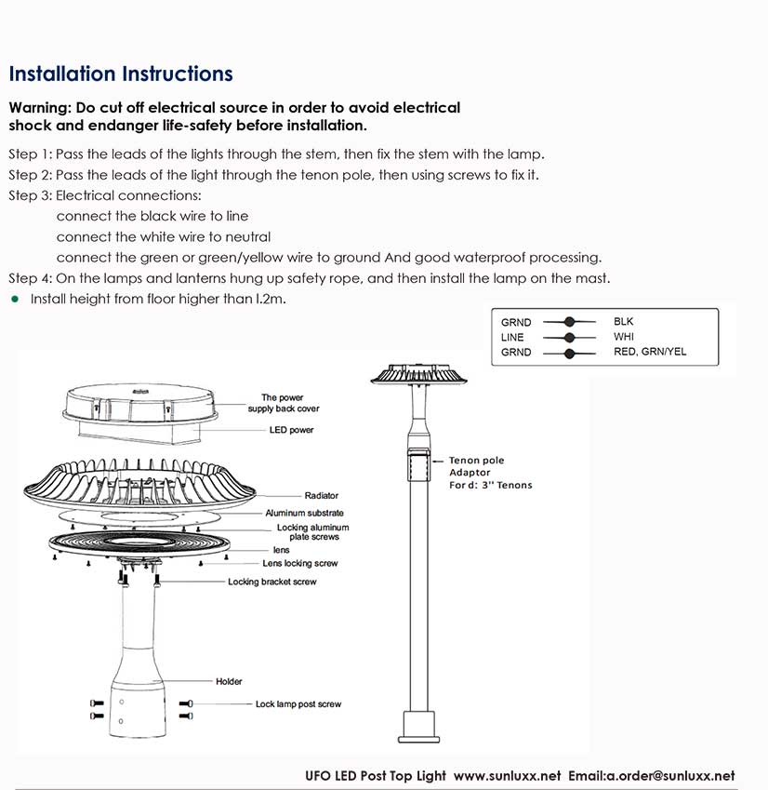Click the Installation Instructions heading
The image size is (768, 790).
point(121,74)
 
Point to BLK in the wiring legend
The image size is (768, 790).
point(624,322)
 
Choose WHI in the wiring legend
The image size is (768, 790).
point(624,337)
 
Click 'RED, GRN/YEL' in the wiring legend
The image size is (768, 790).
point(650,352)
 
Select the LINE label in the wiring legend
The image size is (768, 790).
point(512,338)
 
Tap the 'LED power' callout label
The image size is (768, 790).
point(291,430)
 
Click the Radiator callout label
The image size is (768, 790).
point(322,496)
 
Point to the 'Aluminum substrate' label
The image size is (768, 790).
point(305,513)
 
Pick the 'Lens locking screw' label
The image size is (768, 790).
point(299,564)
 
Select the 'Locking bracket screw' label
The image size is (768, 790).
point(272,582)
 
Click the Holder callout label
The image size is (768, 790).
point(229,682)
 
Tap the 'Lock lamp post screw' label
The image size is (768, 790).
point(298,704)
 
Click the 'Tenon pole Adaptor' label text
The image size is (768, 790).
point(476,466)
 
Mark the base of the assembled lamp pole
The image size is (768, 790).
point(417,727)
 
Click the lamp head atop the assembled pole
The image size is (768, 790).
point(418,374)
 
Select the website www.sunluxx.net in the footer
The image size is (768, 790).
point(508,775)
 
